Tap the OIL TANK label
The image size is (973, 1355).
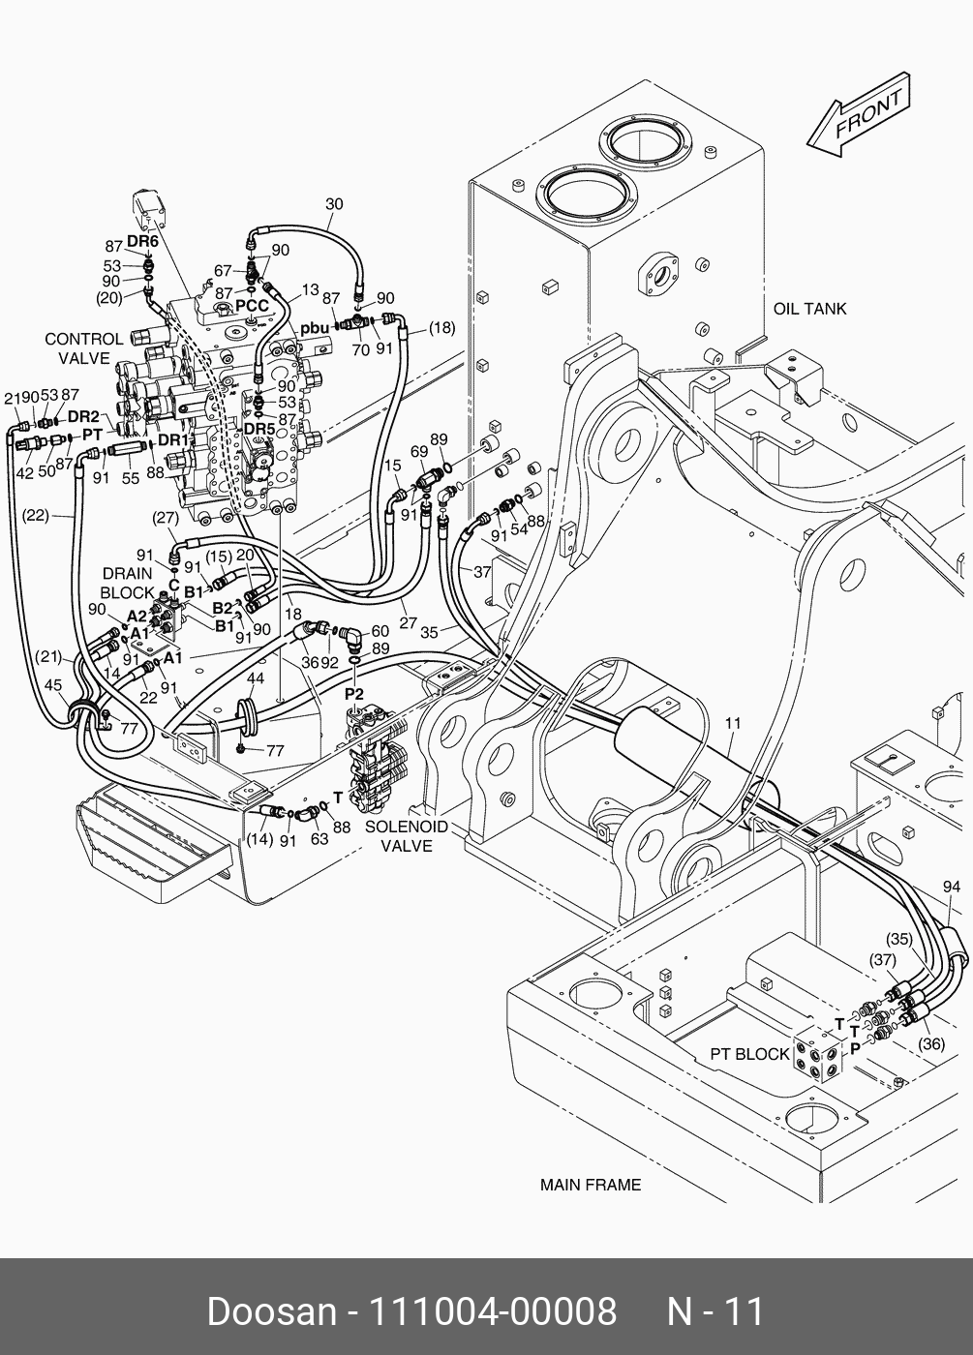click(x=809, y=309)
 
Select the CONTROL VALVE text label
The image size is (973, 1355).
click(x=84, y=348)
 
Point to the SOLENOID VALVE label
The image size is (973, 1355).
click(x=407, y=836)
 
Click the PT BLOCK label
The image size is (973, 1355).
click(x=749, y=1054)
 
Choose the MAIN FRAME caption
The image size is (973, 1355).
click(x=590, y=1185)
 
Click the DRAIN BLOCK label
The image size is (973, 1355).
click(x=128, y=583)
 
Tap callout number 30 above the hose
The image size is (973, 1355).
click(x=334, y=204)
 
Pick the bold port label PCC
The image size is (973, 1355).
click(x=251, y=306)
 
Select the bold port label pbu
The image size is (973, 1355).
click(x=314, y=328)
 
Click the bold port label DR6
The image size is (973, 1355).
click(x=142, y=241)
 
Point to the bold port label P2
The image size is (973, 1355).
click(x=354, y=694)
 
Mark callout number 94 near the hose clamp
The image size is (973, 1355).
click(x=951, y=887)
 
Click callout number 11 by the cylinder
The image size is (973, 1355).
click(x=733, y=723)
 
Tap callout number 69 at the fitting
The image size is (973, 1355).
click(x=419, y=452)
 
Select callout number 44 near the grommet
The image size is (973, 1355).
click(x=256, y=678)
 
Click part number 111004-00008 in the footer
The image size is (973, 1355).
click(x=490, y=1311)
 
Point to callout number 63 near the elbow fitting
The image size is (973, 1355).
click(x=319, y=838)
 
